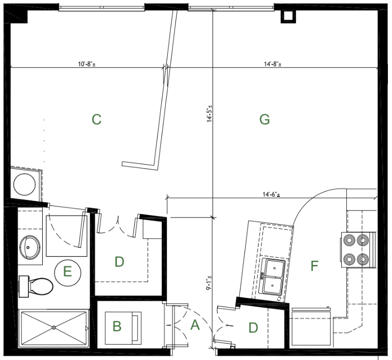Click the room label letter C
(97, 119)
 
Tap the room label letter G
(264, 119)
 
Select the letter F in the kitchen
(314, 266)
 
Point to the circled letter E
(68, 271)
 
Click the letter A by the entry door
(195, 325)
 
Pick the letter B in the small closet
(117, 326)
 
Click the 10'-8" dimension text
(87, 64)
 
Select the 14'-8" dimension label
(273, 64)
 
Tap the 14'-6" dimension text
(272, 194)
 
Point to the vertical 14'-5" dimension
(209, 113)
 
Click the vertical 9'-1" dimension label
(209, 283)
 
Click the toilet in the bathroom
(36, 286)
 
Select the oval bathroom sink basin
(30, 248)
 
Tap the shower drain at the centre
(54, 327)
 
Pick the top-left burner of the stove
(349, 240)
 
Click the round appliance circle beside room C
(24, 185)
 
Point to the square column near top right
(288, 16)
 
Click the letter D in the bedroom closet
(119, 262)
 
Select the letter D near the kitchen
(253, 327)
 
